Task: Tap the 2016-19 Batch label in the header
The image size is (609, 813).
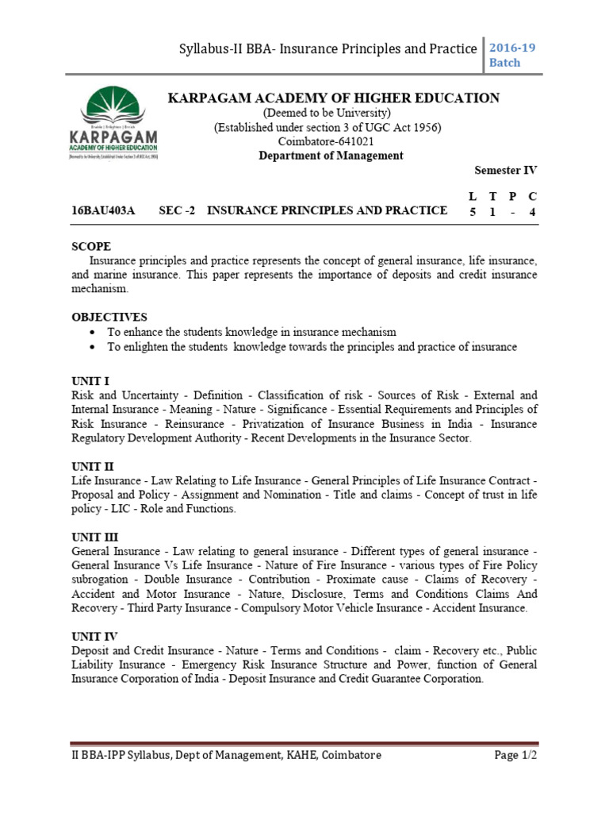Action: (x=516, y=55)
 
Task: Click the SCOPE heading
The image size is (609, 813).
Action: (x=91, y=247)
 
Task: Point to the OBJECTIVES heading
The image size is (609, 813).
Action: (x=109, y=317)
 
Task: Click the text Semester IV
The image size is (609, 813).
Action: (x=505, y=171)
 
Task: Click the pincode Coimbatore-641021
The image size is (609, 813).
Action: (x=331, y=141)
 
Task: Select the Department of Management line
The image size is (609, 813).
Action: (x=331, y=156)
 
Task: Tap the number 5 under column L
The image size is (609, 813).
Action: (x=473, y=211)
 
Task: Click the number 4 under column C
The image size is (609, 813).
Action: (x=533, y=211)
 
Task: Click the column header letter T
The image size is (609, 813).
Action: (x=492, y=195)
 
